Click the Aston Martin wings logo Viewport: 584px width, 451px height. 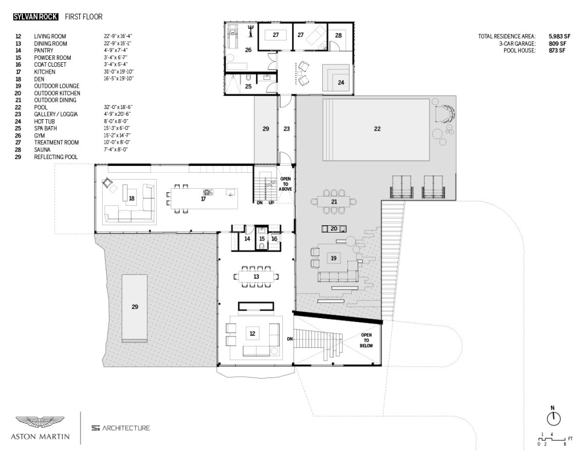[x=40, y=422]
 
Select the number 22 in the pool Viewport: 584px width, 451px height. [x=378, y=129]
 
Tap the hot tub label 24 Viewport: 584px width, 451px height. [x=341, y=83]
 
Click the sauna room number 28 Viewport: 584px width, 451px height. [x=338, y=35]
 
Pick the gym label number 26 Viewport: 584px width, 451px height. [x=248, y=50]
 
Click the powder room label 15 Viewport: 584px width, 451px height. [x=262, y=239]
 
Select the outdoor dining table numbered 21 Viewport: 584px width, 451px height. [x=334, y=202]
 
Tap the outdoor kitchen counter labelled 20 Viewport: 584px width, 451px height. [x=334, y=229]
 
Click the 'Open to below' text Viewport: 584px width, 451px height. [x=366, y=340]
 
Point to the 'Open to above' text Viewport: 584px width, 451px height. [x=285, y=184]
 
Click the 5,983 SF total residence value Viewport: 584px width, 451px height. [x=559, y=36]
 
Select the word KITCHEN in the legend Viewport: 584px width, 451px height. [x=44, y=72]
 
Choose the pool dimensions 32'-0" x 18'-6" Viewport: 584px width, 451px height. [x=118, y=107]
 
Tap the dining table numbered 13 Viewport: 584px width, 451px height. [x=256, y=277]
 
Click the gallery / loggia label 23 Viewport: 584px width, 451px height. [x=286, y=129]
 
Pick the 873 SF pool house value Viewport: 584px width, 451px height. [x=557, y=51]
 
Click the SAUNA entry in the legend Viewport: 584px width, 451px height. [x=42, y=150]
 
